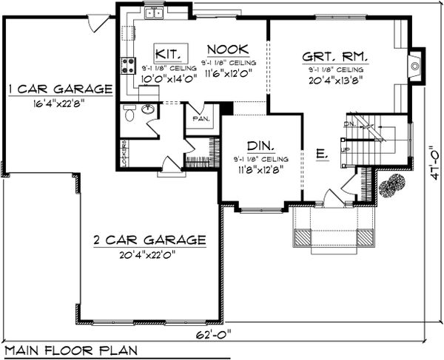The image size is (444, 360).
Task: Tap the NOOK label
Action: pos(223,50)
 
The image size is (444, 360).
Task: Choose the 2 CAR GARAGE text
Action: pos(149,240)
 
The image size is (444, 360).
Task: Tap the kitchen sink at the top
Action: pos(155,12)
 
